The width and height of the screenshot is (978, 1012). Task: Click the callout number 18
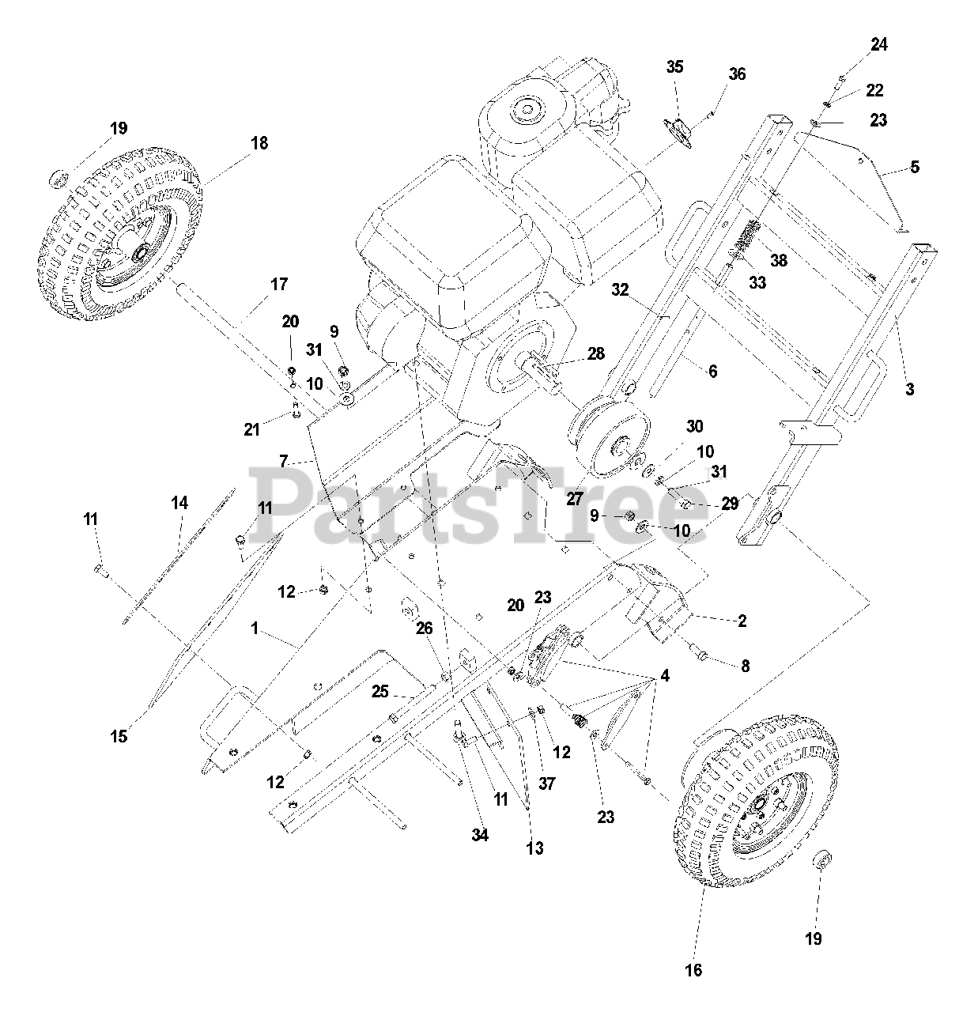pos(259,143)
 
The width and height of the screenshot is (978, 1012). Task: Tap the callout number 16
pos(693,970)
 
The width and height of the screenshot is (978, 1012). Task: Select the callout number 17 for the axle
pos(279,284)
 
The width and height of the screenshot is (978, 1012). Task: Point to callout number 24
pos(878,45)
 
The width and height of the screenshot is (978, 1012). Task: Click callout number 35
pos(674,67)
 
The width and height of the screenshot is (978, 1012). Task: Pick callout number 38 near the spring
pos(779,260)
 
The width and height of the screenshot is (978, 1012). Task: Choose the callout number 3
pos(909,389)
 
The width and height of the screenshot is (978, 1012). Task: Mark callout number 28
pos(595,353)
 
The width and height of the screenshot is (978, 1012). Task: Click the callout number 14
pos(179,502)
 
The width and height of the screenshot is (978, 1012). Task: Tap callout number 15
pos(119,736)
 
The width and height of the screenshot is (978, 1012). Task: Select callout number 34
pos(480,835)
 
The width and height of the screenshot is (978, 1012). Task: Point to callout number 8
pos(745,666)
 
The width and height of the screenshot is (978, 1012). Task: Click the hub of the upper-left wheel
pos(142,253)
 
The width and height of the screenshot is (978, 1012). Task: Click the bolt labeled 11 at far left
pos(100,568)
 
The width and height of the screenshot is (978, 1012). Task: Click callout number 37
pos(547,784)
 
